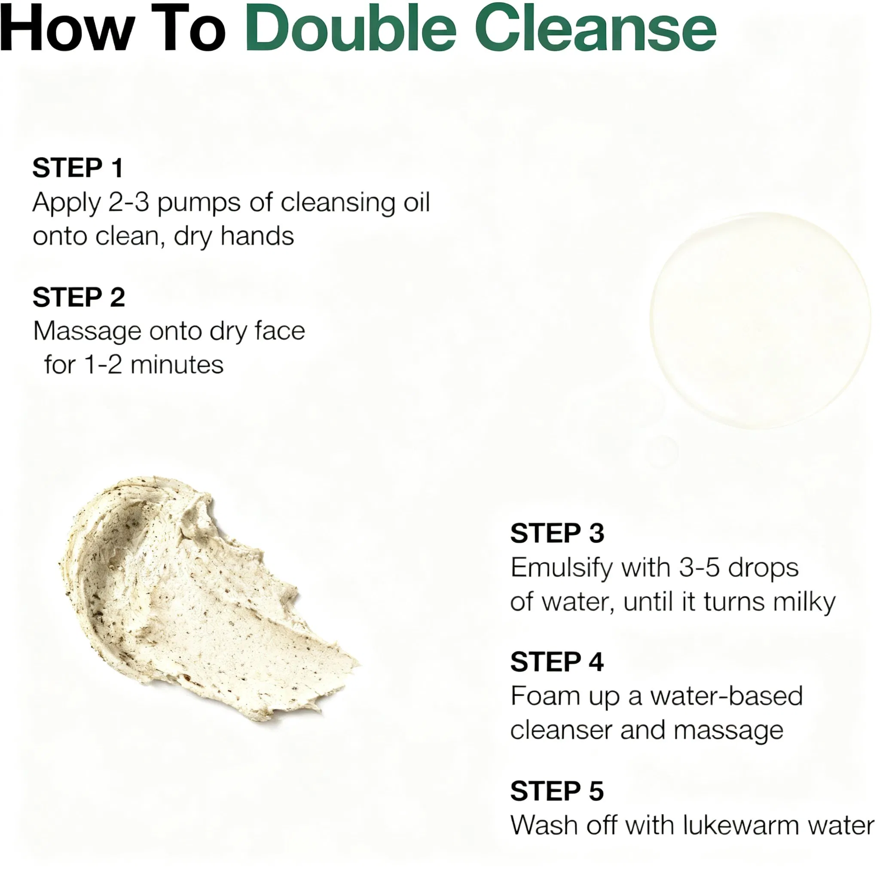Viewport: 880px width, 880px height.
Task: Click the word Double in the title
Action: pyautogui.click(x=350, y=28)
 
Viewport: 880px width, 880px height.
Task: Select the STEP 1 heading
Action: pyautogui.click(x=78, y=168)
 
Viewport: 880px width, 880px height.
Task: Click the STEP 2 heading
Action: pyautogui.click(x=78, y=297)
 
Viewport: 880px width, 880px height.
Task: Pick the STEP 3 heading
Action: pyautogui.click(x=556, y=533)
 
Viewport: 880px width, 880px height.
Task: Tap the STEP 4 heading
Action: pyautogui.click(x=556, y=662)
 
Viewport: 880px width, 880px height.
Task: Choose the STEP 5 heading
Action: pyautogui.click(x=556, y=791)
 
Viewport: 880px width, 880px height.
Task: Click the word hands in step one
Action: pyautogui.click(x=257, y=236)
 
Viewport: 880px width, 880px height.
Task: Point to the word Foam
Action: pyautogui.click(x=545, y=697)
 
